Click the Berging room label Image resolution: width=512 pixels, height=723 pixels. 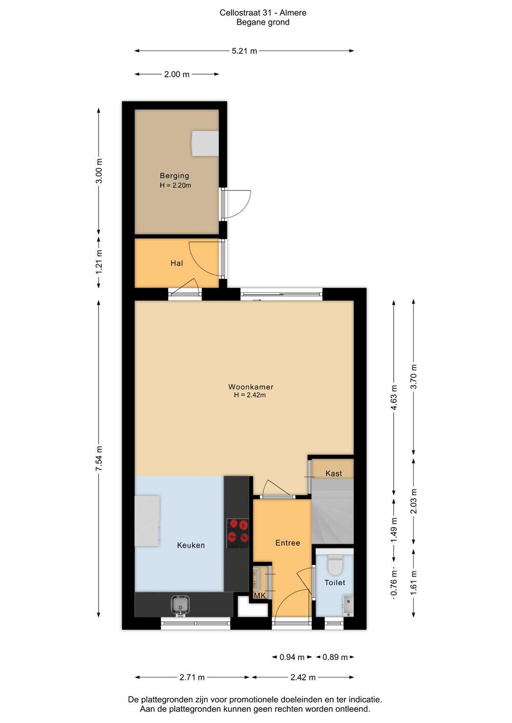174,176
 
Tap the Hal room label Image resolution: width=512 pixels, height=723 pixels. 177,263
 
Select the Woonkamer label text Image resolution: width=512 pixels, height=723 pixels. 251,387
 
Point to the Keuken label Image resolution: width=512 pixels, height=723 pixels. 191,545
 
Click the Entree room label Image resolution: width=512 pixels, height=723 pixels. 287,543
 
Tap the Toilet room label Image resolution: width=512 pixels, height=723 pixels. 335,583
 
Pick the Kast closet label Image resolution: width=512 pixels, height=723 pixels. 334,473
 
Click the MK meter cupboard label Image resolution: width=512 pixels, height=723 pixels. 260,596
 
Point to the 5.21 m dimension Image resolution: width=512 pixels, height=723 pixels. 244,51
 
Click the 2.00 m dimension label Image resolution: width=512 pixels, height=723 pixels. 177,74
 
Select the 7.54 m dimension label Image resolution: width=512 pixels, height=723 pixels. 99,458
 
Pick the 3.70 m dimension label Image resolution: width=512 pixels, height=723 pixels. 413,377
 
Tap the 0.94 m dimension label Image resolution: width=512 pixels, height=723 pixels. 292,657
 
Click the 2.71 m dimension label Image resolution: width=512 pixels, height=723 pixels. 192,677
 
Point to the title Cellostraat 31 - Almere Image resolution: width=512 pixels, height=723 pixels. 263,13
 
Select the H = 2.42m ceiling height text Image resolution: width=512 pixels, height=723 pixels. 250,395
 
